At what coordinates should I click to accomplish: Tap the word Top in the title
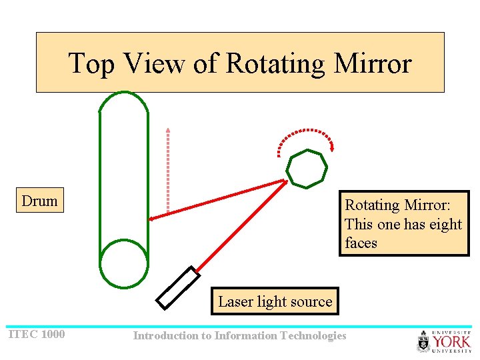[91, 63]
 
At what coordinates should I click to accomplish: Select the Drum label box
[40, 201]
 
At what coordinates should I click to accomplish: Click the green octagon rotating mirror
[307, 169]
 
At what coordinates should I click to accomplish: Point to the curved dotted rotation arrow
[303, 133]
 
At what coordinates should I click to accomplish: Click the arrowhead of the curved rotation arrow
[331, 147]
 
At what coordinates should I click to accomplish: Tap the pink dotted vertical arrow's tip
[168, 129]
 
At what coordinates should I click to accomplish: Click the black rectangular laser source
[178, 288]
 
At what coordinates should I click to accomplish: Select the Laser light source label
[275, 301]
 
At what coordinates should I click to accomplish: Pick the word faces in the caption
[361, 243]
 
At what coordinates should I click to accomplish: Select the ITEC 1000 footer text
[36, 334]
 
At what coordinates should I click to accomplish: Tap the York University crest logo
[424, 342]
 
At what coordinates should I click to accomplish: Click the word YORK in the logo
[452, 341]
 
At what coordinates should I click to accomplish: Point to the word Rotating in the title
[275, 63]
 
